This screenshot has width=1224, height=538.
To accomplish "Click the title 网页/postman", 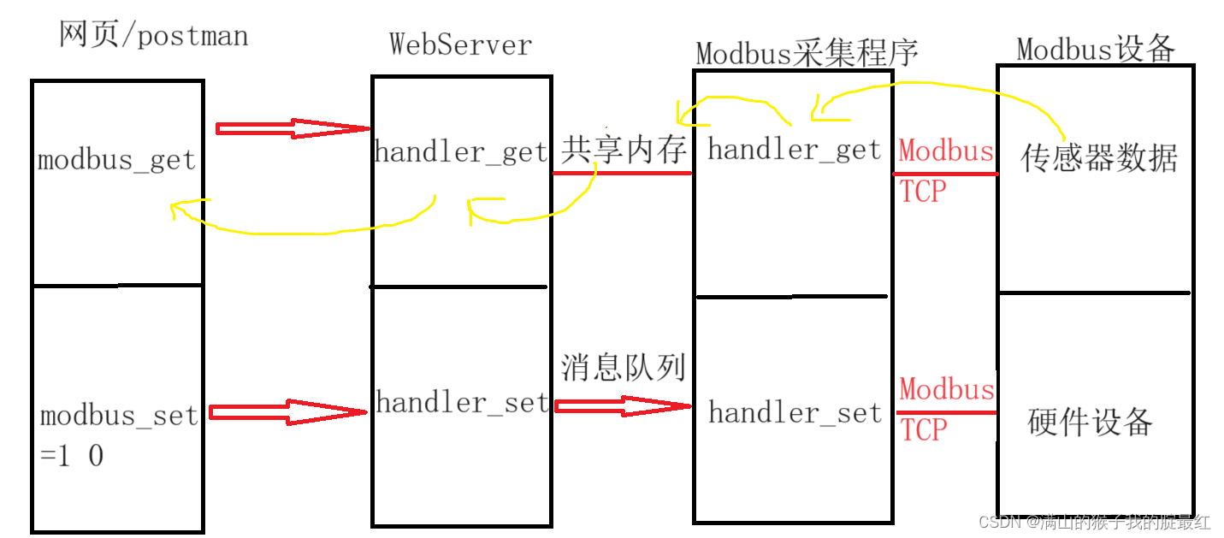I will (x=153, y=35).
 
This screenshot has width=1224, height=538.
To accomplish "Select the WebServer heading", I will (x=460, y=44).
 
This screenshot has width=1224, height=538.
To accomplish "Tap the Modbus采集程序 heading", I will (x=806, y=53).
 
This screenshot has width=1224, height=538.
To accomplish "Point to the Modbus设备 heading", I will (x=1095, y=49).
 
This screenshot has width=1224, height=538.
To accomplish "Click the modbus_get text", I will (x=117, y=161).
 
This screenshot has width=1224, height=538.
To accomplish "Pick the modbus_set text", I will (x=119, y=416).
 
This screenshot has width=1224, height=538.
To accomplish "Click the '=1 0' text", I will (x=72, y=456).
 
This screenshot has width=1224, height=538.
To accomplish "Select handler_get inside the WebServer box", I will (x=461, y=152).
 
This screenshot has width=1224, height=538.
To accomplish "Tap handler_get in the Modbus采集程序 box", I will (x=794, y=150).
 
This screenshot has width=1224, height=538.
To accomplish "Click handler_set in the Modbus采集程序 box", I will (x=795, y=413).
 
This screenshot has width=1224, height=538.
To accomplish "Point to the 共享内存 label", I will (x=624, y=150).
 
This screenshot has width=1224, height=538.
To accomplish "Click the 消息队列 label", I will (x=624, y=367).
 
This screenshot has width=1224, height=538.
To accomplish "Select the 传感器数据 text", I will (x=1099, y=158).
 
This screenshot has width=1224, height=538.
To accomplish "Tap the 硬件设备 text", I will (x=1090, y=421).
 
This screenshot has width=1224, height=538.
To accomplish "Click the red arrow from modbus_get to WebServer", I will (x=291, y=128).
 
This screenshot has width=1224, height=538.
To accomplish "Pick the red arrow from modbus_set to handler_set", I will (x=287, y=411).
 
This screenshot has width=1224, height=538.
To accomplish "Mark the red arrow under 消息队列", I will (x=622, y=405).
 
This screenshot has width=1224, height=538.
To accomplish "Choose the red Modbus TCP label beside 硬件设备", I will (x=945, y=409).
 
